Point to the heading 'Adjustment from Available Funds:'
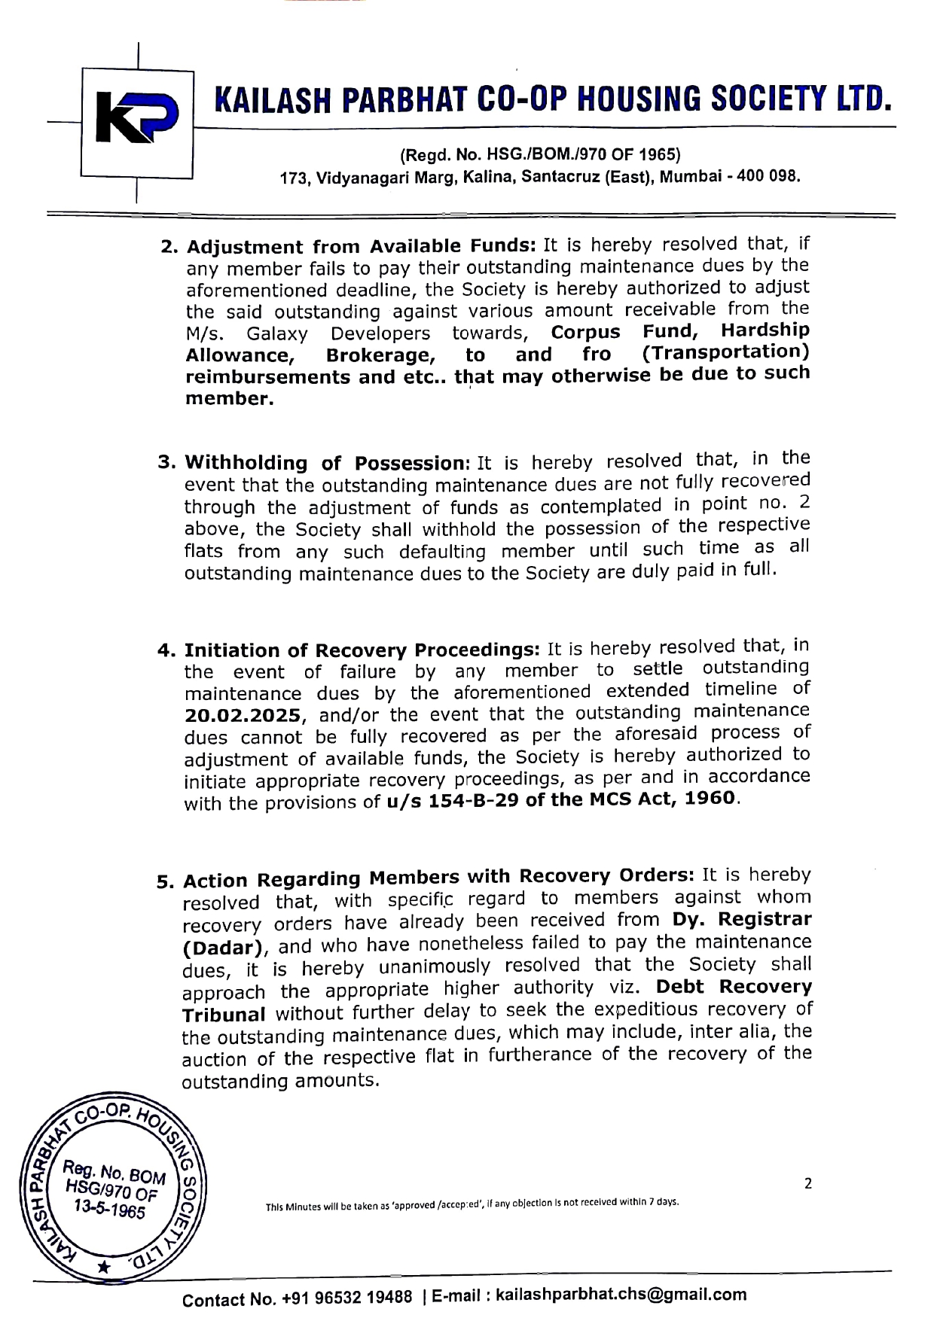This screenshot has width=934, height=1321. [x=361, y=246]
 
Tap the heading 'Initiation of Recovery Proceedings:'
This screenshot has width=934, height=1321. [x=362, y=649]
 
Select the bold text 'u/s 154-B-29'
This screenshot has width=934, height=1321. [x=453, y=799]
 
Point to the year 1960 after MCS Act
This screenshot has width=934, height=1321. [x=711, y=796]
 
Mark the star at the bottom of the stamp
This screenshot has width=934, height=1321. [x=104, y=1268]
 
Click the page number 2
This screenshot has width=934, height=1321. [x=808, y=1184]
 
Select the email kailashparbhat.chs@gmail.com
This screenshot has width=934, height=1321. [x=621, y=1295]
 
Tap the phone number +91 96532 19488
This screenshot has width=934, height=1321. [x=347, y=1298]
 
